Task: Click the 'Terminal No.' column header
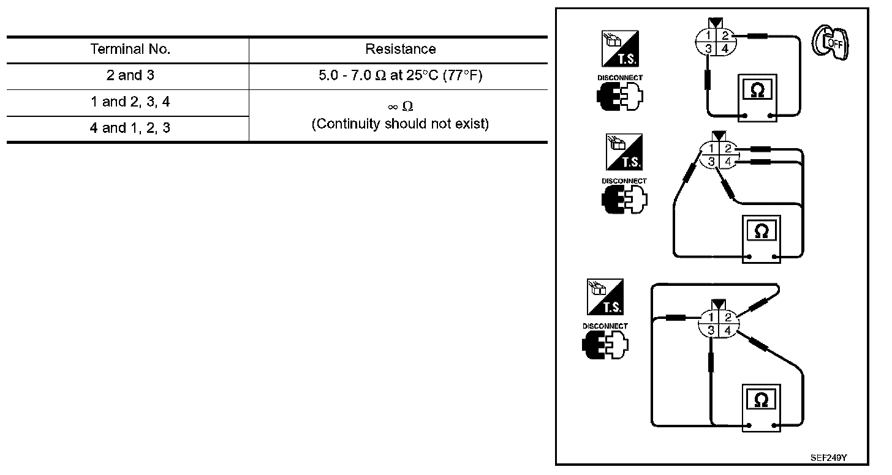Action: click(x=130, y=50)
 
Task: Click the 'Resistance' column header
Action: click(x=401, y=50)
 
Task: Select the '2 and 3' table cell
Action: click(x=130, y=75)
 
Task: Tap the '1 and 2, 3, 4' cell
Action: click(x=130, y=102)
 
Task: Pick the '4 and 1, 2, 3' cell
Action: click(x=130, y=129)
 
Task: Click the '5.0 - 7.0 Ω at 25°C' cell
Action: click(x=401, y=75)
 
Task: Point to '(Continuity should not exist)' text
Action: click(x=401, y=124)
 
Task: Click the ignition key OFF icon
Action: click(x=830, y=43)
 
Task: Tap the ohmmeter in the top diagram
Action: click(x=758, y=98)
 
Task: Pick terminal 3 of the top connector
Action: click(x=708, y=49)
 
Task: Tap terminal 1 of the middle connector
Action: click(x=711, y=149)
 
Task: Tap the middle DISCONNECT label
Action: click(x=624, y=181)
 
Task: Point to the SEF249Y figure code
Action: click(x=829, y=457)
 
